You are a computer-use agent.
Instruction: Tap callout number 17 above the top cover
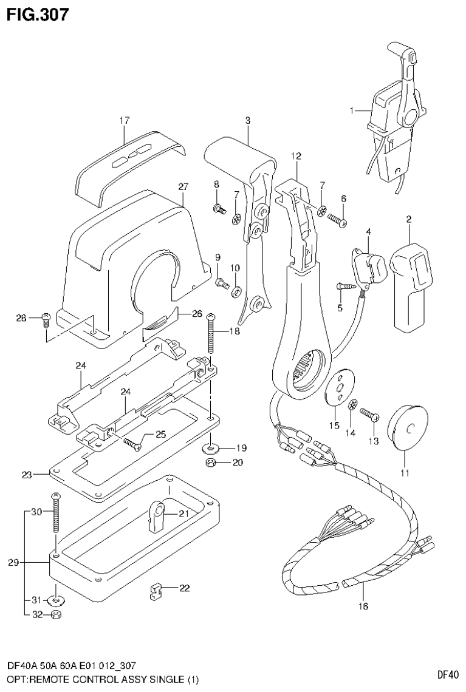[x=124, y=121]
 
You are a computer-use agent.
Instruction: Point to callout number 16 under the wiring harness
[x=363, y=605]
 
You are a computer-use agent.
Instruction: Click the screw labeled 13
[x=368, y=415]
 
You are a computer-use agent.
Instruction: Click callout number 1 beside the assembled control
[x=351, y=110]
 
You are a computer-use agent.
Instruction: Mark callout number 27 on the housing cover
[x=182, y=187]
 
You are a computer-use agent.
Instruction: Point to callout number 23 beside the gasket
[x=26, y=475]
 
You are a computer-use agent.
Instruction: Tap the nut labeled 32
[x=57, y=614]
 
